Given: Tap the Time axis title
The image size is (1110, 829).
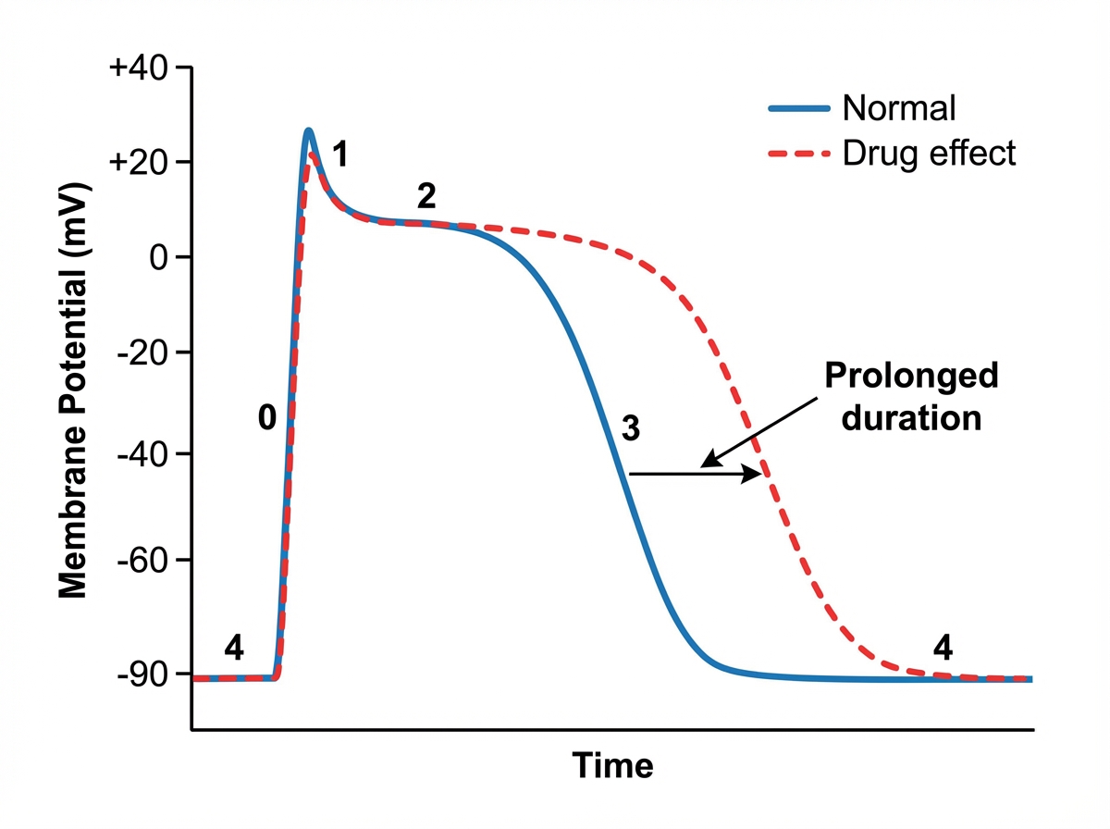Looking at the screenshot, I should click(612, 766).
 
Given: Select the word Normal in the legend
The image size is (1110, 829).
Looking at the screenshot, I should click(898, 108).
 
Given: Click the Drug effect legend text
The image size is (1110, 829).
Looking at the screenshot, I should click(929, 153).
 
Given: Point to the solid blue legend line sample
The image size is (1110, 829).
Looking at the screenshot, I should click(799, 108).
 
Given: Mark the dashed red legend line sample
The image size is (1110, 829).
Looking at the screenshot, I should click(799, 153).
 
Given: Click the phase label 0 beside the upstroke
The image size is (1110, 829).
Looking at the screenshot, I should click(266, 419).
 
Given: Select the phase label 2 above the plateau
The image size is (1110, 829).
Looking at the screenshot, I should click(426, 196).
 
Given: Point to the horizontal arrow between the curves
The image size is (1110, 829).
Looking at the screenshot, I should click(694, 474).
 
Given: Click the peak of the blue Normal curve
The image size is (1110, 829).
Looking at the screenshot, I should click(308, 131).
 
